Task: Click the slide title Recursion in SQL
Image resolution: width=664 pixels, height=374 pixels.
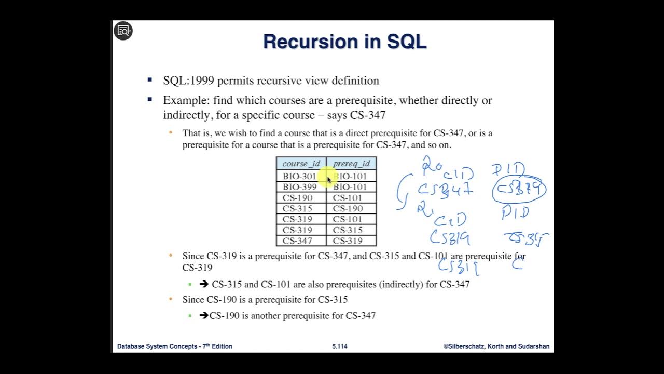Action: (x=344, y=42)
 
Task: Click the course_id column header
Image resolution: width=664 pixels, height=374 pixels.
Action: (x=301, y=164)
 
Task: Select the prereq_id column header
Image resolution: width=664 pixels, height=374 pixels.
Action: (x=351, y=164)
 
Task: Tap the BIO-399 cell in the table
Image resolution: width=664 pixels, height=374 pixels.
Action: (x=299, y=187)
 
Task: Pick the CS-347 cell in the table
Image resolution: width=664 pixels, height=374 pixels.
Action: (x=298, y=241)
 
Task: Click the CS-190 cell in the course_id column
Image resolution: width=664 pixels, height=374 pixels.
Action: (x=298, y=198)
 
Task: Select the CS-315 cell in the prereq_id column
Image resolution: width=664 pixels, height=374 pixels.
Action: (x=348, y=230)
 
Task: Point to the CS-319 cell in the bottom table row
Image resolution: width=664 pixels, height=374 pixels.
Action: (x=348, y=241)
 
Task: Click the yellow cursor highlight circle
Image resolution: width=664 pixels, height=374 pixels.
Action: (x=325, y=177)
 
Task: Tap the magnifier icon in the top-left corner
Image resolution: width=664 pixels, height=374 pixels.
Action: (x=123, y=31)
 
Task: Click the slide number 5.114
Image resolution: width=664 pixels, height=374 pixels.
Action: (x=340, y=346)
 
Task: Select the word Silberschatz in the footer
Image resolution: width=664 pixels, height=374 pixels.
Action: (x=465, y=346)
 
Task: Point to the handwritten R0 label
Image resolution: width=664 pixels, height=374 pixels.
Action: (x=431, y=165)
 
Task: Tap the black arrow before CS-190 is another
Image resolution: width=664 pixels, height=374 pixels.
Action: (x=204, y=315)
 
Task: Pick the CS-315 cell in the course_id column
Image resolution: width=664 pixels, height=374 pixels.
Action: (x=298, y=209)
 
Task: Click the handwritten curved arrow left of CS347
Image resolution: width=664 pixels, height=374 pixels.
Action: (x=402, y=192)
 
